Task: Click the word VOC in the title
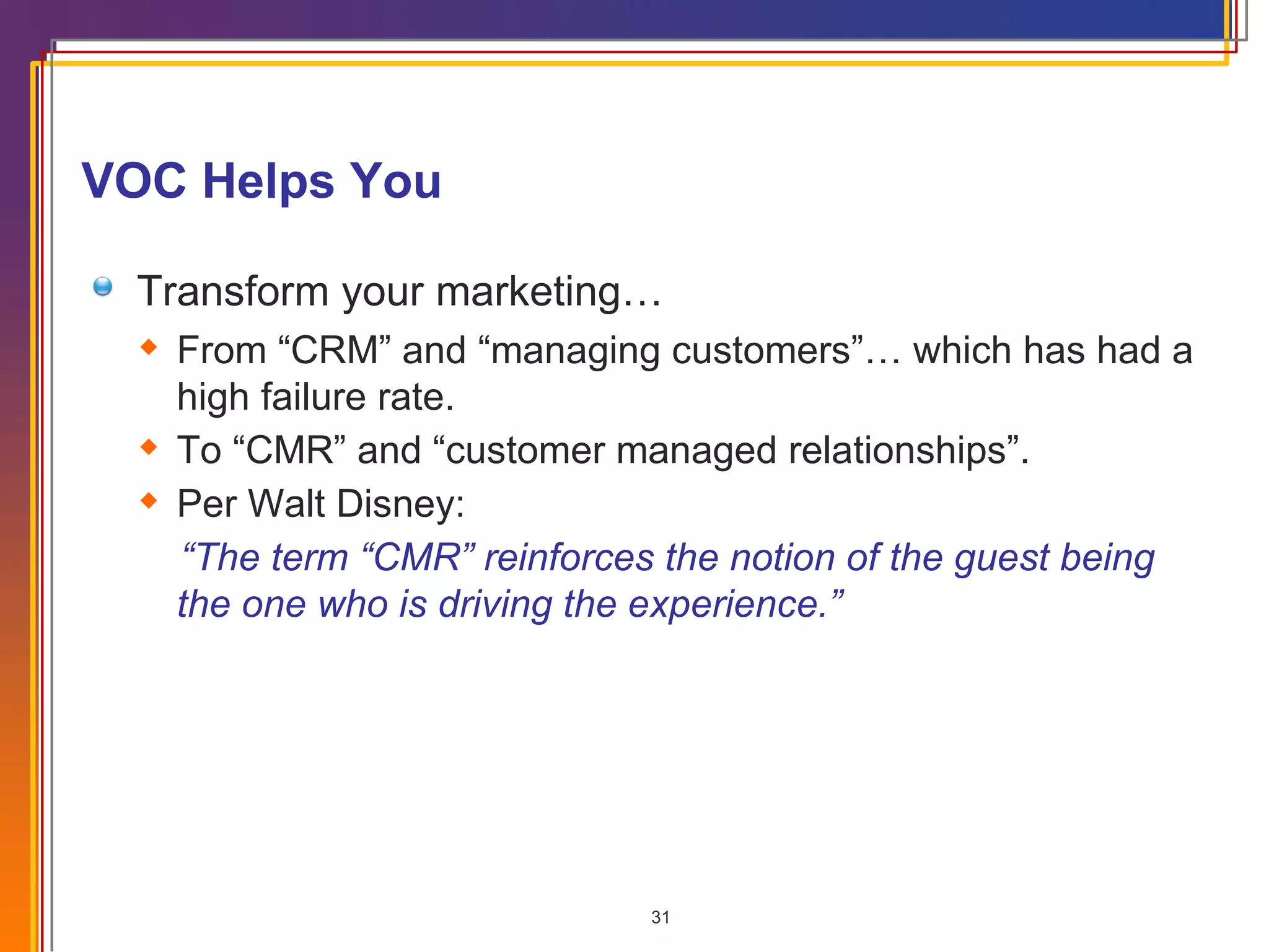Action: (134, 181)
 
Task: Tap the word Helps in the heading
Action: (268, 181)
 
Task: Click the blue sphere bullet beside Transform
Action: (103, 286)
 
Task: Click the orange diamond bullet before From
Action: (149, 346)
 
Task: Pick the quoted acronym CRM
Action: (335, 351)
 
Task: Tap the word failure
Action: (313, 397)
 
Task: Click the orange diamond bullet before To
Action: (149, 446)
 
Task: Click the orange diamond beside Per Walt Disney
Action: (149, 500)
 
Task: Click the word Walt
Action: (286, 504)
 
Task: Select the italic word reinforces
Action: (569, 557)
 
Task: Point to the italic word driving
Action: (496, 604)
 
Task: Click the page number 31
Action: (661, 917)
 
